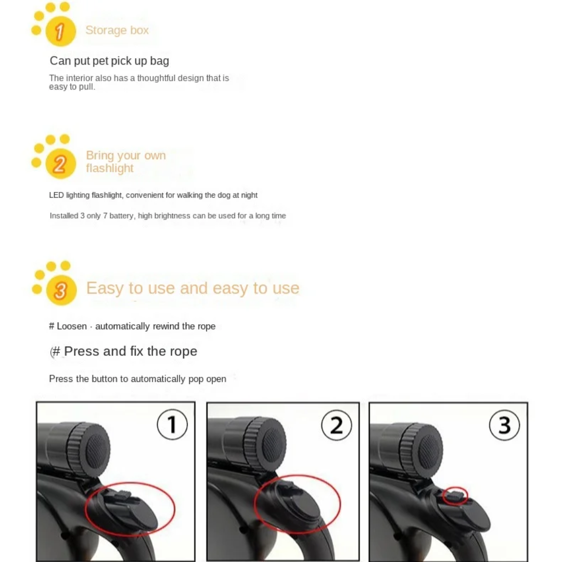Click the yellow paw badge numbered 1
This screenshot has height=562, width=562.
60,31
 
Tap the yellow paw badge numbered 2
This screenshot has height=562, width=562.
60,163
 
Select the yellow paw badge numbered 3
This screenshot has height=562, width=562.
61,290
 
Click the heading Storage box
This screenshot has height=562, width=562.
117,30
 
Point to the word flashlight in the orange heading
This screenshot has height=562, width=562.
110,168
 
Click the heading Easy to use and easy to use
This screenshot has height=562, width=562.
193,288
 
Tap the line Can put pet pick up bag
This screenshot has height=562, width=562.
109,61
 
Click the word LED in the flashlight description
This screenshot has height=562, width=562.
56,195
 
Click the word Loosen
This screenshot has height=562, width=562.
72,326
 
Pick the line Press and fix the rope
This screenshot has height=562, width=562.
124,351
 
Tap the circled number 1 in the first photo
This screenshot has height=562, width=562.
172,425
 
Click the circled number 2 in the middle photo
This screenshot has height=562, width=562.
337,426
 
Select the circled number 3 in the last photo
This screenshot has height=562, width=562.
504,425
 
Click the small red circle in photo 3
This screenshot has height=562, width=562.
455,496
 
